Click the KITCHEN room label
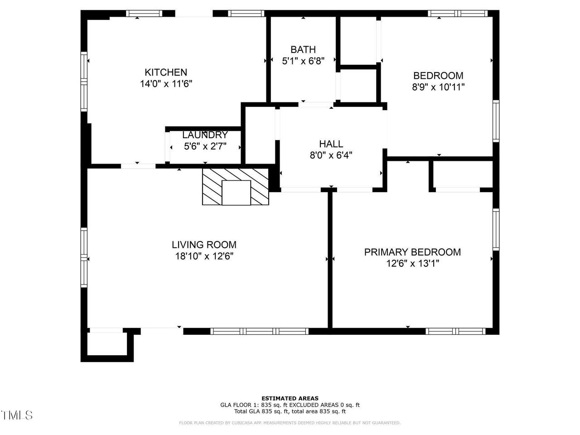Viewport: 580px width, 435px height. point(166,72)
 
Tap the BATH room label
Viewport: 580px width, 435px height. point(303,49)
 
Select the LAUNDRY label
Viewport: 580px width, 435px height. point(205,135)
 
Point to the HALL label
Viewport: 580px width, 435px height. point(331,144)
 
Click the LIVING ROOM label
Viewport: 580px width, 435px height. point(204,245)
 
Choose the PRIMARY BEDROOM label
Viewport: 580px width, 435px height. point(412,252)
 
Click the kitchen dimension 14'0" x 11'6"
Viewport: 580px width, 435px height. point(166,84)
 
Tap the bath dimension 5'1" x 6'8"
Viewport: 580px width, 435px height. point(303,61)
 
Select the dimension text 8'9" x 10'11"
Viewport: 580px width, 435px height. point(438,87)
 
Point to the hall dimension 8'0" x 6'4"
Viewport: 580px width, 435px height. point(331,155)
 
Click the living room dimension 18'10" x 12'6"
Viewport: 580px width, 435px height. point(204,256)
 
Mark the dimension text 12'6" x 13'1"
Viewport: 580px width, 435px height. point(413,264)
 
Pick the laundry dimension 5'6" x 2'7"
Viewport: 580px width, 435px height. point(205,146)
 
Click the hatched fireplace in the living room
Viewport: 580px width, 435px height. point(236,187)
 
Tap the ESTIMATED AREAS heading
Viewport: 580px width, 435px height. point(290,398)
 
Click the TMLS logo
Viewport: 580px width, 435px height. point(16,416)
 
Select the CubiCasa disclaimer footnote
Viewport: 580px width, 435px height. point(290,423)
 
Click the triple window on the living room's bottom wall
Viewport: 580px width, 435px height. point(259,331)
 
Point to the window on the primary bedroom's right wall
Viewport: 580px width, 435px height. point(496,229)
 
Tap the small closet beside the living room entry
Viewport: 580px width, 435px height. point(107,344)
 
